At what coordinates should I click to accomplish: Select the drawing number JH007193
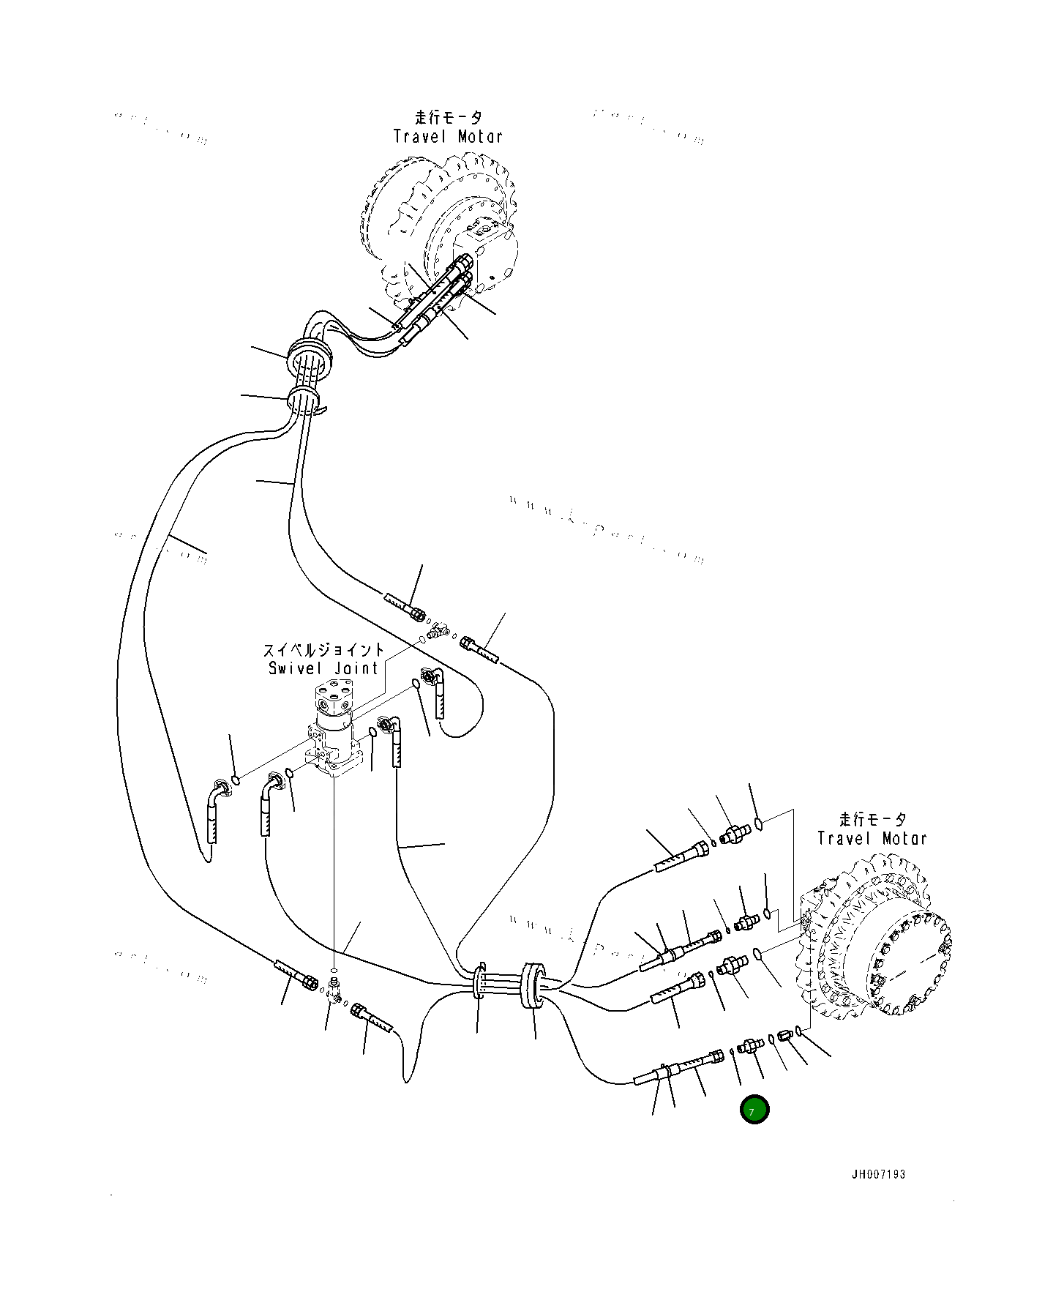point(878,1174)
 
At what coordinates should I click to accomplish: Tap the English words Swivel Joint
point(323,668)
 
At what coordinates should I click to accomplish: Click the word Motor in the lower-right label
point(904,839)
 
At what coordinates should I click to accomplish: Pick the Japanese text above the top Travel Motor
point(449,117)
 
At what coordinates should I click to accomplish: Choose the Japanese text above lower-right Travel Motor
point(872,820)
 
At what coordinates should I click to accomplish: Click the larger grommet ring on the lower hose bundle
point(532,987)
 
